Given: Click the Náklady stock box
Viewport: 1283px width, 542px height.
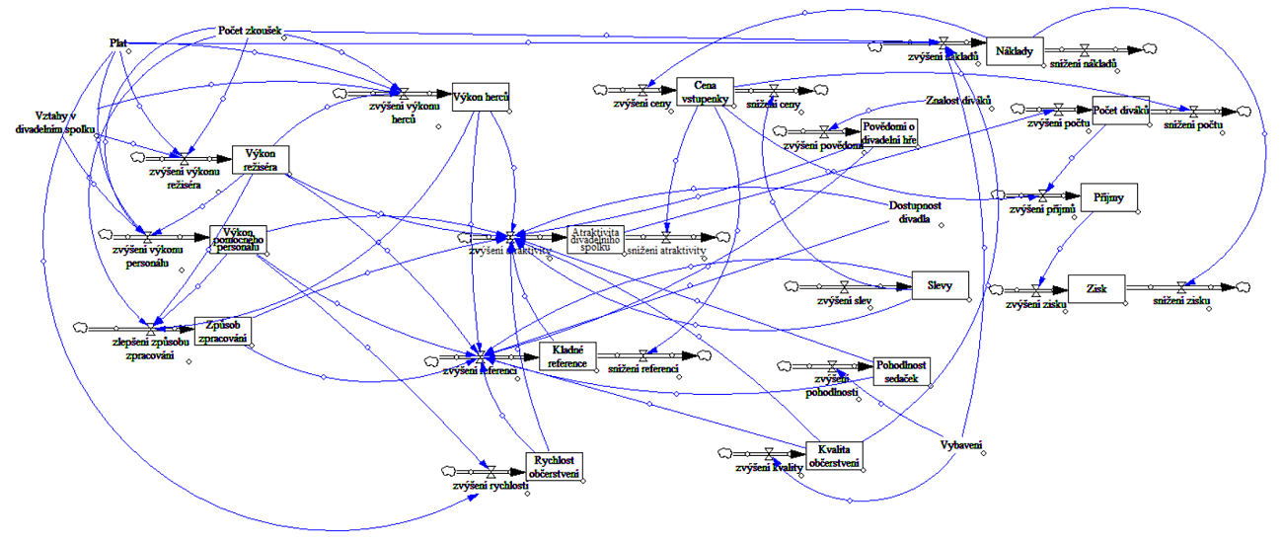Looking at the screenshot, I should coord(1015,51).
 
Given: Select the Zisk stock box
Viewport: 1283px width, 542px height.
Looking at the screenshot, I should coord(1094,288).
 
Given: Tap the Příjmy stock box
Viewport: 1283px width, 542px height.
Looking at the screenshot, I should coord(1109,197).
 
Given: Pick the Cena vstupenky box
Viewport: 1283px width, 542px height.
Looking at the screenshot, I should coord(705,90).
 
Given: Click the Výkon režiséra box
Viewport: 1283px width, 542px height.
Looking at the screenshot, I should coord(261,160).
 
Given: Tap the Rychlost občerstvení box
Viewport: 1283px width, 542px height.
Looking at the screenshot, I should coord(554,465).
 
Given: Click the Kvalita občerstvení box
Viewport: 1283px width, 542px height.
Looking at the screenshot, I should coord(834,456).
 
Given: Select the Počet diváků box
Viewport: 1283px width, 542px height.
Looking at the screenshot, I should coord(1122,110).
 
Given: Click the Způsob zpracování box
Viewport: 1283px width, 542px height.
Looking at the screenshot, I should coord(222,331).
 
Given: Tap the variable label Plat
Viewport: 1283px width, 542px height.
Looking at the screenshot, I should coord(118,42).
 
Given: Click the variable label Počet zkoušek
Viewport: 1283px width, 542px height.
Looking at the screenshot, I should coord(249,30).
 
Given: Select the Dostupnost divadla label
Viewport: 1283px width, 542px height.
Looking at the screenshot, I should coord(909,211).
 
